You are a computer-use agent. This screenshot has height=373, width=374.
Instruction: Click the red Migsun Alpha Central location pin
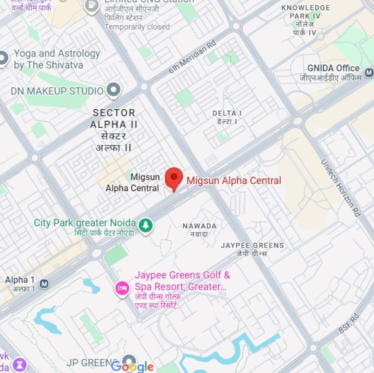(174, 178)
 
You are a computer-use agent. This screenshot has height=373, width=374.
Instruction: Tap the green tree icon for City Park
(146, 225)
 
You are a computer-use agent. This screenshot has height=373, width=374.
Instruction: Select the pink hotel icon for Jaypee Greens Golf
(122, 288)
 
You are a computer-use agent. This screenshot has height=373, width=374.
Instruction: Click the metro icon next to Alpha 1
(44, 283)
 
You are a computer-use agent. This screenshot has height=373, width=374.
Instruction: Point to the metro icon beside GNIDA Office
(368, 72)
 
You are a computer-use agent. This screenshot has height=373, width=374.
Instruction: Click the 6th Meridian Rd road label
(192, 57)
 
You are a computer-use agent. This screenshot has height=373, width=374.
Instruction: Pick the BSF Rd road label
(348, 323)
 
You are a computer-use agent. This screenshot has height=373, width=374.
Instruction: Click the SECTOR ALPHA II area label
(114, 119)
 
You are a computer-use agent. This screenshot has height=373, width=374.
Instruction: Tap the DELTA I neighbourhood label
(227, 113)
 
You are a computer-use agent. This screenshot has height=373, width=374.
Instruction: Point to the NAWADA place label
(199, 226)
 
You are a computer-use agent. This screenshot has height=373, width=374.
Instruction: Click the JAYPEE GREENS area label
(252, 245)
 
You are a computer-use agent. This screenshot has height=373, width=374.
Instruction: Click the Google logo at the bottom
(132, 366)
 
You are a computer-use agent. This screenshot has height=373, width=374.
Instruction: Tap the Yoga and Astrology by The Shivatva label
(56, 59)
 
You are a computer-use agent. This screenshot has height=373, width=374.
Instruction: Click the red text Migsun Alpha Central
(234, 181)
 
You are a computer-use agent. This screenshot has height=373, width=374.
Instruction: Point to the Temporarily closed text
(137, 27)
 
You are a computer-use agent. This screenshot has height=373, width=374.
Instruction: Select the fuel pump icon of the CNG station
(92, 6)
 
